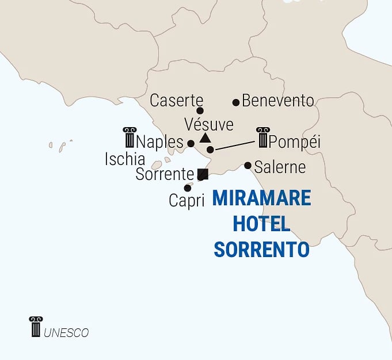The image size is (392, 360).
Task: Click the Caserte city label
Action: click(176, 101)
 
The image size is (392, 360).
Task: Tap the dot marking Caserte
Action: click(200, 111)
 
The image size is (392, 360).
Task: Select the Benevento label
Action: click(278, 101)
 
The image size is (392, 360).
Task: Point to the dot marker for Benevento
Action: click(236, 102)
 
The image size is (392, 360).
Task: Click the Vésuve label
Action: click(208, 124)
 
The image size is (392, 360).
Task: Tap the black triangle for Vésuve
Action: click(205, 138)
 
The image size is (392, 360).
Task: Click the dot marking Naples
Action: click(191, 143)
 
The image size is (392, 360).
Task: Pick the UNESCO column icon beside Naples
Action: click(129, 137)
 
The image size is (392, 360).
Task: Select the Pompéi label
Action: click(294, 141)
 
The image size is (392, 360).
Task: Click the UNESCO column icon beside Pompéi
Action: click(262, 137)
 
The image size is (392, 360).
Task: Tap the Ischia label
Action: click(124, 159)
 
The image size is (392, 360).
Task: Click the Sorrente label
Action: click(165, 174)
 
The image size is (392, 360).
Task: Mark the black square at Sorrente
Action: click(202, 174)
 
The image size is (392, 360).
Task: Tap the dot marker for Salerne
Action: click(248, 166)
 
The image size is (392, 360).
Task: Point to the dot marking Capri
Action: click(188, 188)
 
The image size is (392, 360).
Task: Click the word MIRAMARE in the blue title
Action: click(261, 199)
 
